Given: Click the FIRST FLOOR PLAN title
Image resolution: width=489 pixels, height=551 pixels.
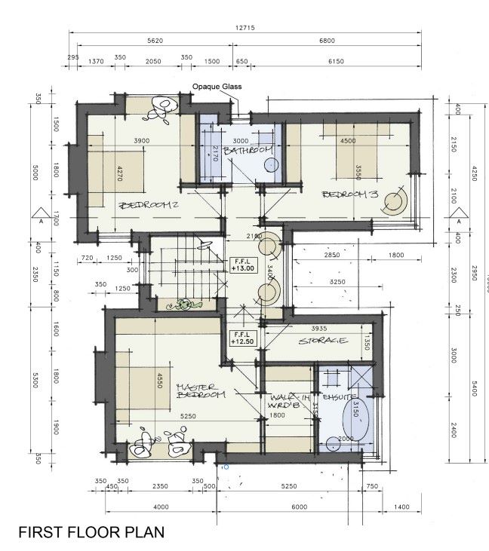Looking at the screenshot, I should coord(91,532).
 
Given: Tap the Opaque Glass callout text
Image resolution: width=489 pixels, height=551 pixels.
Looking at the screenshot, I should coord(216,87).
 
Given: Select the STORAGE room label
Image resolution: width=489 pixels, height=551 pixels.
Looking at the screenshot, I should coord(323,341).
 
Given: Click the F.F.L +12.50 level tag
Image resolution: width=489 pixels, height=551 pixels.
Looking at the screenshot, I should coord(242,337).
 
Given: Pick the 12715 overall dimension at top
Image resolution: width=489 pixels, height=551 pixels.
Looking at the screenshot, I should coord(245,28).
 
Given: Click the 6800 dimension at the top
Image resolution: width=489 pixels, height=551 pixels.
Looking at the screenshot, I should coord(327,41).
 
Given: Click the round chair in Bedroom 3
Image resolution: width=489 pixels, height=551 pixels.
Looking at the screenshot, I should coord(394,201).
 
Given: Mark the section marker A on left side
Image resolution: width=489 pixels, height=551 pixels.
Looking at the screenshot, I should coord(40,219).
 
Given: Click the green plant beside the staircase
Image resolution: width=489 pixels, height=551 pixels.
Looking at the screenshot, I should coord(185,305).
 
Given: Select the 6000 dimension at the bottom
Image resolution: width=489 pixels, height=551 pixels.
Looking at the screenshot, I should coord(301,507).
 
